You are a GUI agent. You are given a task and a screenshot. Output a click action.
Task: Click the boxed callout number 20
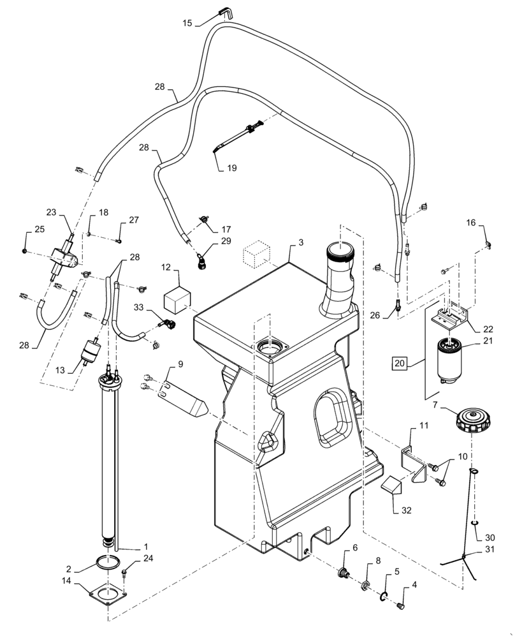point(398,364)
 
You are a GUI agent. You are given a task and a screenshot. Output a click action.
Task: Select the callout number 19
point(230,168)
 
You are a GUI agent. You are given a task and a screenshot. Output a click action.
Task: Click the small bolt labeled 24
point(125,573)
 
